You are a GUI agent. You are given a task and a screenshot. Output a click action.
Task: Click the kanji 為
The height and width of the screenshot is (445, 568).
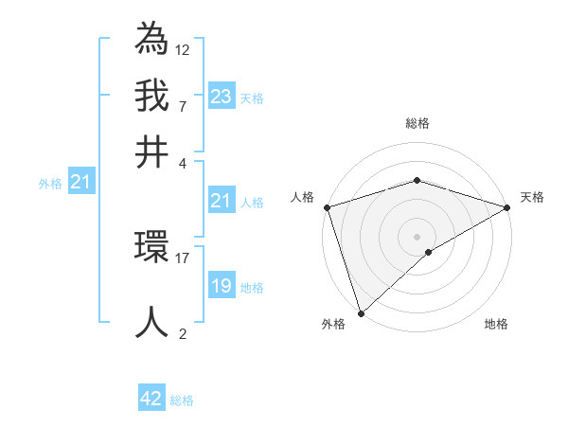tap(152, 38)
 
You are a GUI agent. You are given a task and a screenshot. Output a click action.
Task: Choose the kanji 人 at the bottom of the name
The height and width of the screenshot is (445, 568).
tap(152, 322)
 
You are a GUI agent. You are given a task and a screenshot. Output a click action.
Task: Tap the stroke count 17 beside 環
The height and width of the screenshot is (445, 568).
tap(183, 257)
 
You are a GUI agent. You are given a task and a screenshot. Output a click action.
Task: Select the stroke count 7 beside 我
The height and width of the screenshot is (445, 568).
tap(183, 106)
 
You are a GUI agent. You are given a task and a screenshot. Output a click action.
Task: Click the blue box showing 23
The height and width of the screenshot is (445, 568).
tap(222, 97)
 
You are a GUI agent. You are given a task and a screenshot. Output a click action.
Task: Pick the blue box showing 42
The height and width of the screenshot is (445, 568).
tap(151, 399)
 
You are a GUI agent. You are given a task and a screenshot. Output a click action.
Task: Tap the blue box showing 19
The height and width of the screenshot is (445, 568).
tap(222, 286)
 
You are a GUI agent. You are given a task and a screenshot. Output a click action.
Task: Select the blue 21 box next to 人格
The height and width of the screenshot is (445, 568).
tap(222, 201)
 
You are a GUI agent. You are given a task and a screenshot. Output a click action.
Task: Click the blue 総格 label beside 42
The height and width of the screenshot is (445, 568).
tap(182, 400)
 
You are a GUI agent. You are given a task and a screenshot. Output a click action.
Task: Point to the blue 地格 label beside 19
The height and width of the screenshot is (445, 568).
tap(253, 288)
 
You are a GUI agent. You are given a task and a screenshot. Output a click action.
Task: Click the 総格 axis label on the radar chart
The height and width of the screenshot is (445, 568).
tap(417, 123)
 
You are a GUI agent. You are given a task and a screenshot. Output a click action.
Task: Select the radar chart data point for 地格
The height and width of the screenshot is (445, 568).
tap(429, 252)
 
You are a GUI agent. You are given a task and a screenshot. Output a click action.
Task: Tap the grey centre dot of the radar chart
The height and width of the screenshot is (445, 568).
tap(417, 236)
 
